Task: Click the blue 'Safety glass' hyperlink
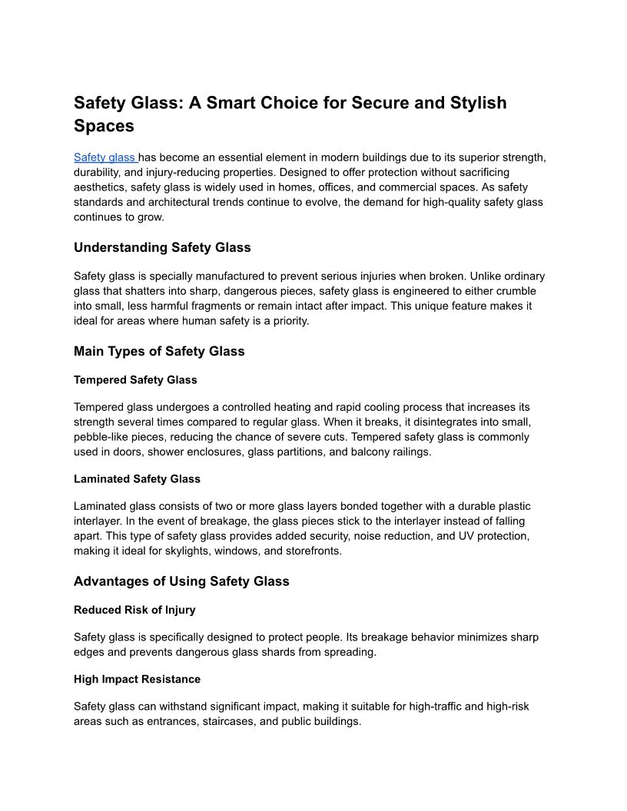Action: tap(104, 157)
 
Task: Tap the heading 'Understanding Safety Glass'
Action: tap(162, 247)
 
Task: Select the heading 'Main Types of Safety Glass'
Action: tap(159, 351)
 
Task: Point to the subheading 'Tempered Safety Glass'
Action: tap(135, 379)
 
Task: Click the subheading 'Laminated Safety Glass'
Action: tap(137, 478)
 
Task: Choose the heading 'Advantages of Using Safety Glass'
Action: tap(181, 581)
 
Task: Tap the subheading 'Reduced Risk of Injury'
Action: tap(134, 610)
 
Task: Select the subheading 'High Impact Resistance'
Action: tap(137, 679)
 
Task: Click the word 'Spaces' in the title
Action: tap(104, 126)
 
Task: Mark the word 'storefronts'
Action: tap(310, 551)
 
